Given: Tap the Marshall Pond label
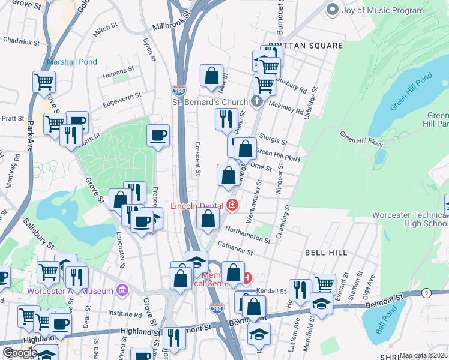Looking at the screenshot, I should click(72, 62).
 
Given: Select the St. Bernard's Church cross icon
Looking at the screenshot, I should click(257, 101).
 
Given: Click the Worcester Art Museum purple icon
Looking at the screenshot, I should click(123, 291).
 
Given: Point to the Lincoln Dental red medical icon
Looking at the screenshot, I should click(232, 206).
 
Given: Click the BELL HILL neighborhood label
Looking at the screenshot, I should click(326, 253).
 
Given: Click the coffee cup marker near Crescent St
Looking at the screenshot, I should click(158, 135).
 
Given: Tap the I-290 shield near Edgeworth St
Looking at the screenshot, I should click(179, 91).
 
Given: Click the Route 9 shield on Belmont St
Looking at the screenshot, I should click(426, 293).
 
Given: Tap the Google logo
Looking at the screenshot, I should click(20, 353).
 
